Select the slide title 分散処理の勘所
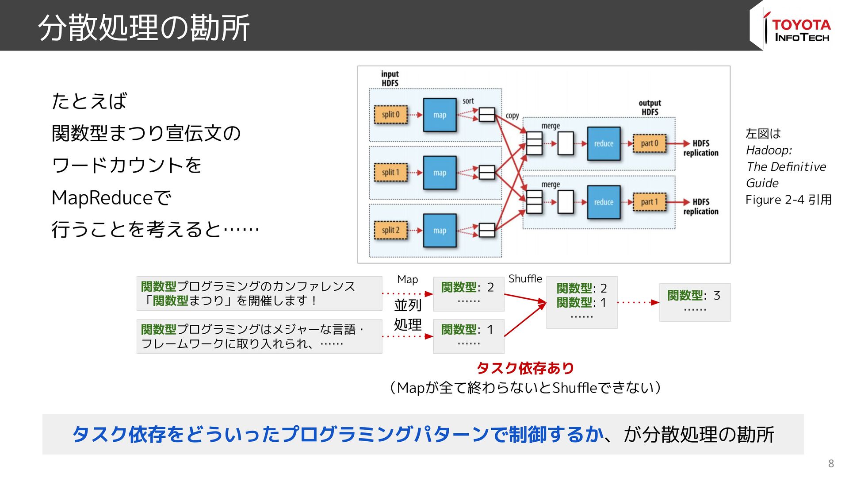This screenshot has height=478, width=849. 144,27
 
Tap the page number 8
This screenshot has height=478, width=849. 831,463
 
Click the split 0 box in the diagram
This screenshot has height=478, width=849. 390,115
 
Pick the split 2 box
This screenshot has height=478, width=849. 390,230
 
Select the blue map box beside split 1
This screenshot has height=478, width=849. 440,173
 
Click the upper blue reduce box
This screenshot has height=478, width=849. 604,143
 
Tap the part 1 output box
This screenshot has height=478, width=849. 649,202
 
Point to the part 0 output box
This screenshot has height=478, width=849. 649,143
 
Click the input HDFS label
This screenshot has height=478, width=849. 390,78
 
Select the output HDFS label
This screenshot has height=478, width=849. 650,108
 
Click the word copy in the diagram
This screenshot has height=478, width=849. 512,116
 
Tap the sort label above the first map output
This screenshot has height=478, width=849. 468,101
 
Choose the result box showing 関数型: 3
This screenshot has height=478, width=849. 694,302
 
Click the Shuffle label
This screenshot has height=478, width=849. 525,279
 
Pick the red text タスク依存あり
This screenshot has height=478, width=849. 525,368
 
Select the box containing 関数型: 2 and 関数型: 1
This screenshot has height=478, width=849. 581,302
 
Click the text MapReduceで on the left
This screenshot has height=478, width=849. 111,198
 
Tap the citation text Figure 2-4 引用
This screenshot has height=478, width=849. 788,200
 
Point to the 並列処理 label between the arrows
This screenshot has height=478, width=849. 407,315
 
